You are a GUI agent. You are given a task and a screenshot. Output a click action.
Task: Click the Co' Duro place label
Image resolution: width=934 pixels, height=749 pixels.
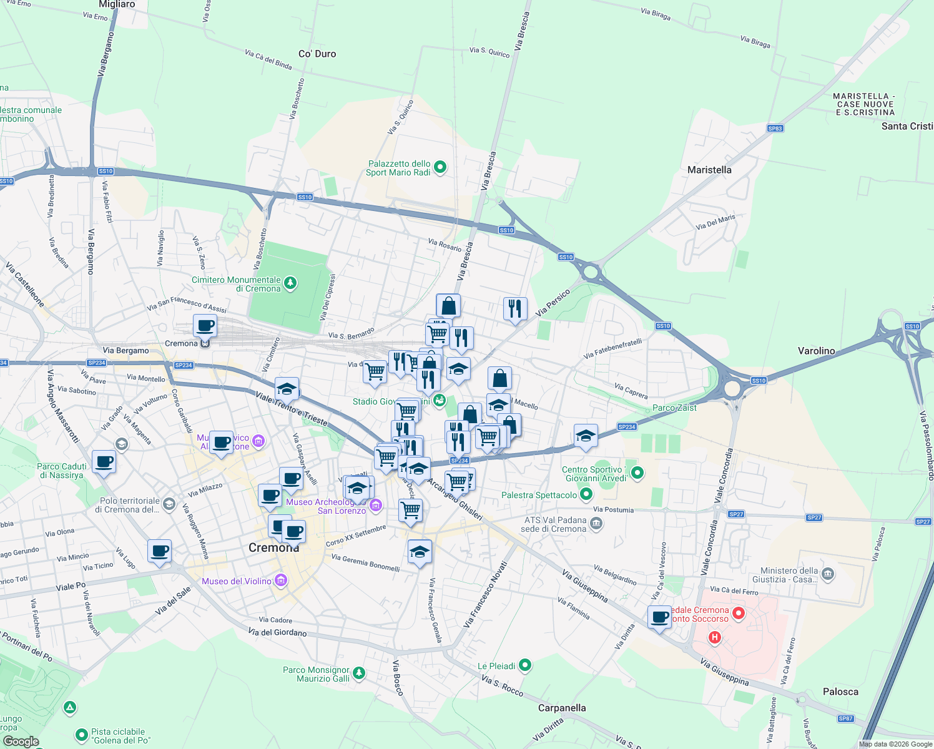317,54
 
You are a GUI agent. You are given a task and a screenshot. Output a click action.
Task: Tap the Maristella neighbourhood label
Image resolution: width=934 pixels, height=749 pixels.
709,170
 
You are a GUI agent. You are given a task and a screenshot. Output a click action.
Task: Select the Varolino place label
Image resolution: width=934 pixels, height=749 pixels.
816,351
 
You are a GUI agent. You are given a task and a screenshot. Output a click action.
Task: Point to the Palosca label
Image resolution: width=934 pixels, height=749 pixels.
840,692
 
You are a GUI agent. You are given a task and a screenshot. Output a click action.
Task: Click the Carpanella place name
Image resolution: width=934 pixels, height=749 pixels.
562,708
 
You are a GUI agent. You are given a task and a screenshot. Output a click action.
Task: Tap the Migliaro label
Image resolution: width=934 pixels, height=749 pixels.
117,4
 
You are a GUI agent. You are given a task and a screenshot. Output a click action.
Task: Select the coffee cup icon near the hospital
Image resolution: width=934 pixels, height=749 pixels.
659,617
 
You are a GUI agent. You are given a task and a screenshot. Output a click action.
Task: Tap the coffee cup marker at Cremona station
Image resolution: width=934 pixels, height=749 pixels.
205,325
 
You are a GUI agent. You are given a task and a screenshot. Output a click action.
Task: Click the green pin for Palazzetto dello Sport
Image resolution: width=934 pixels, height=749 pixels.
440,167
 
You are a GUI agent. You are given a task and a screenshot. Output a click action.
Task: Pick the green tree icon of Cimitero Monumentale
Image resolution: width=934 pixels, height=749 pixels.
290,284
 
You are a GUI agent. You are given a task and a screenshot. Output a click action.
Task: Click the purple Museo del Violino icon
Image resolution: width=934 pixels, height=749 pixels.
280,581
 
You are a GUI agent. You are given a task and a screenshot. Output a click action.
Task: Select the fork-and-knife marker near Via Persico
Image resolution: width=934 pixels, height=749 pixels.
515,308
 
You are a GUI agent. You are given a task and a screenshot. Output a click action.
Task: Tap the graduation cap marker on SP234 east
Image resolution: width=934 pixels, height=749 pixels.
586,436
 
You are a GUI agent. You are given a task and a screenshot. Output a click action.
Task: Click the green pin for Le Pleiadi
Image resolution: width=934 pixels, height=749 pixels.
525,666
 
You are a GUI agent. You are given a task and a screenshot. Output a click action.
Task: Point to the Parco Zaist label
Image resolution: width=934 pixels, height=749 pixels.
674,408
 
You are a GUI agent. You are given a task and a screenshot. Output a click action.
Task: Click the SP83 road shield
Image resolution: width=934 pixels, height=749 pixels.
775,129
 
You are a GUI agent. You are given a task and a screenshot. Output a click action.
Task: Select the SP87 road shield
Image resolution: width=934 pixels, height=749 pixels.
845,718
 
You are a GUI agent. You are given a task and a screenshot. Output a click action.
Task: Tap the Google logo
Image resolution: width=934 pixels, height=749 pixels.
21,741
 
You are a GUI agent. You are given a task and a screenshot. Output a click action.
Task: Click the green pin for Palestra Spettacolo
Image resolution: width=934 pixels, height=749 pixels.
586,495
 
